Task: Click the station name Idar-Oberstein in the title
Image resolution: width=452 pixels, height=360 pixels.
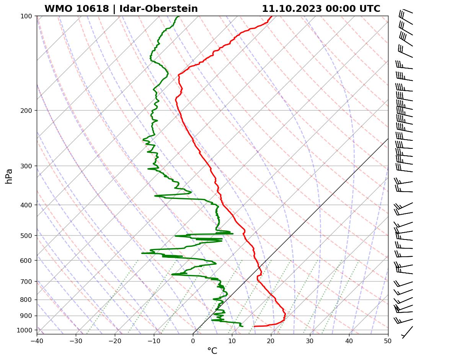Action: click(x=158, y=9)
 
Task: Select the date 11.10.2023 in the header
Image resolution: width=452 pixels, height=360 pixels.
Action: click(x=291, y=9)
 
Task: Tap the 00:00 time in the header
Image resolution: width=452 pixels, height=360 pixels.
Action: click(x=338, y=9)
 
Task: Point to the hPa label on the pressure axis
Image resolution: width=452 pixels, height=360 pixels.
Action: click(x=9, y=176)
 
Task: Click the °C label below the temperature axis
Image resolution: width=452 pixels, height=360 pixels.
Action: click(x=212, y=351)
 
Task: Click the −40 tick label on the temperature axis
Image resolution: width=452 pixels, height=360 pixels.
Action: click(x=37, y=340)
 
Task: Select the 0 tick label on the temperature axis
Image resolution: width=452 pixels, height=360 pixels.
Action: click(x=193, y=340)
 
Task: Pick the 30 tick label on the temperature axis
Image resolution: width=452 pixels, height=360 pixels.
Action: click(x=310, y=340)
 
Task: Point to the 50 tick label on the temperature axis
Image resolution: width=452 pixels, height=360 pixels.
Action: click(x=388, y=340)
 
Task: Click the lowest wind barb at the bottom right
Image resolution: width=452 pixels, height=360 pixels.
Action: click(x=407, y=332)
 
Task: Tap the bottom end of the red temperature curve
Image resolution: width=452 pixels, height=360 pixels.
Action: click(x=255, y=326)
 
